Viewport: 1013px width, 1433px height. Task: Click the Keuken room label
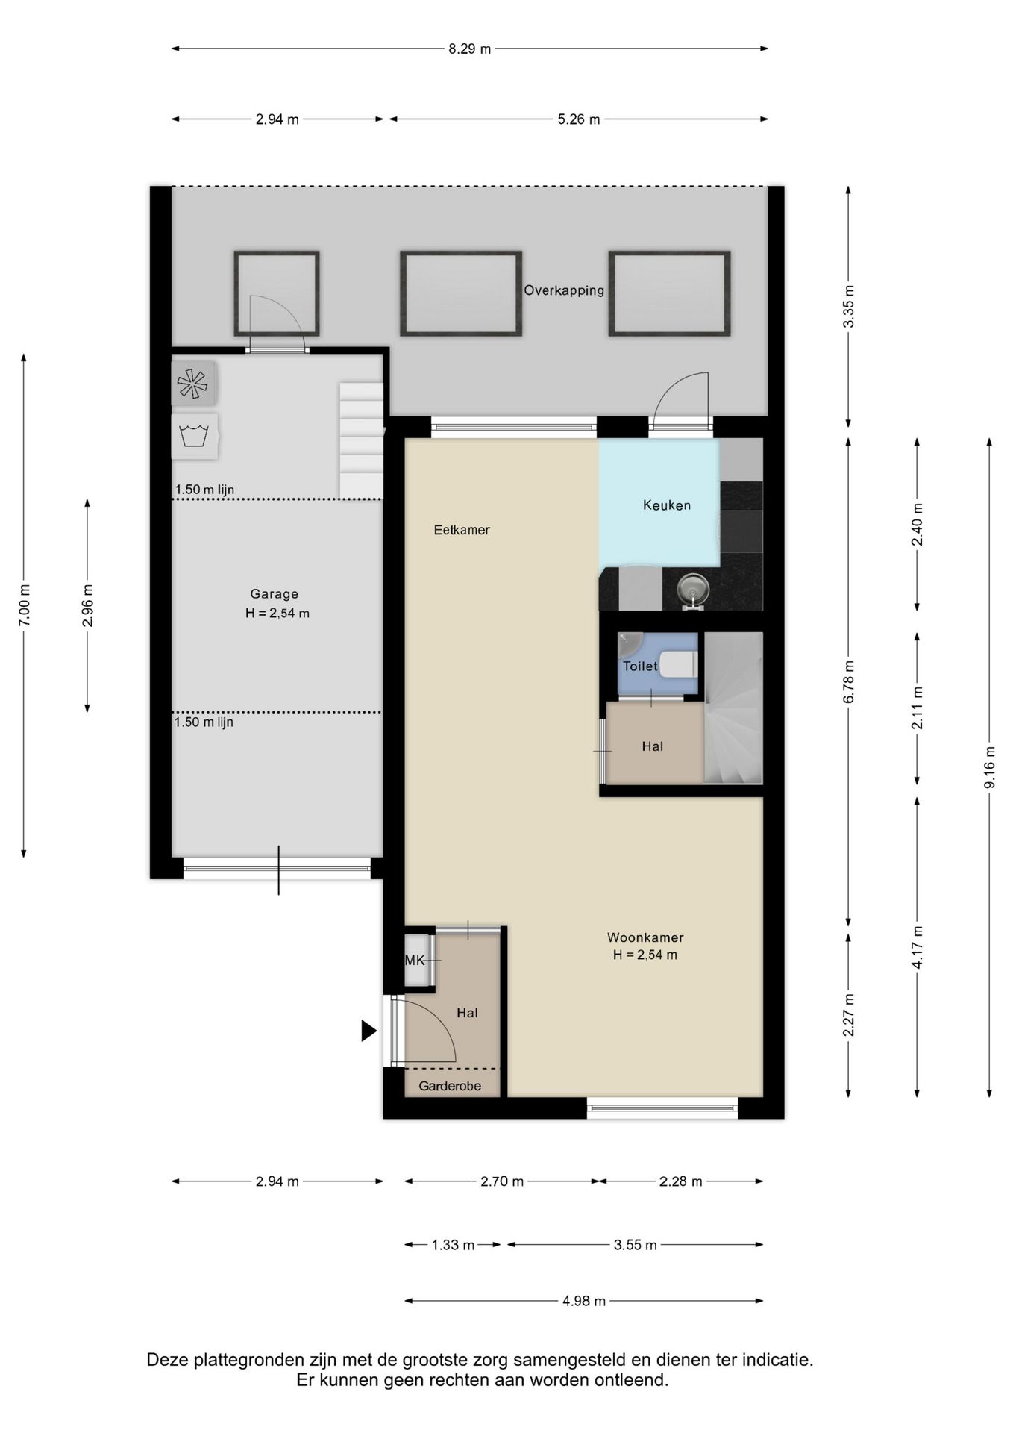(666, 505)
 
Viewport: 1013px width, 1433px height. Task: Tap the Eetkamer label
(462, 530)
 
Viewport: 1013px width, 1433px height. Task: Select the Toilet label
(640, 666)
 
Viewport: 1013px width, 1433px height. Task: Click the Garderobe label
(450, 1086)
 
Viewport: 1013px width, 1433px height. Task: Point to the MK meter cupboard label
(415, 961)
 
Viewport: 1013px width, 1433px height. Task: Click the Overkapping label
(564, 290)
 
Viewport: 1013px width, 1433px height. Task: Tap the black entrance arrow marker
(368, 1031)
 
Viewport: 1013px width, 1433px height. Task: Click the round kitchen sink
(693, 589)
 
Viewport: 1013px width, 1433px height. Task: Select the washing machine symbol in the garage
(195, 437)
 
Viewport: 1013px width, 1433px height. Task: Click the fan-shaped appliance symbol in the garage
(193, 384)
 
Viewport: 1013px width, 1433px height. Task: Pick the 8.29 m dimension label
(470, 49)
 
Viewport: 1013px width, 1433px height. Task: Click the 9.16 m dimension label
(990, 767)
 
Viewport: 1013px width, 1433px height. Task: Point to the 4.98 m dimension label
(584, 1301)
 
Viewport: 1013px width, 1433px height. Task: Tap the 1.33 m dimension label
(454, 1245)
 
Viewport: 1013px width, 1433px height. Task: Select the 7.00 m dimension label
(24, 604)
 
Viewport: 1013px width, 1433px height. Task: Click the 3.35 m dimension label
(848, 305)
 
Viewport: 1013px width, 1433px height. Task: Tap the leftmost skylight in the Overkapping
(277, 293)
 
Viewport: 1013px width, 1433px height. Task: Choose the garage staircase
(362, 440)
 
